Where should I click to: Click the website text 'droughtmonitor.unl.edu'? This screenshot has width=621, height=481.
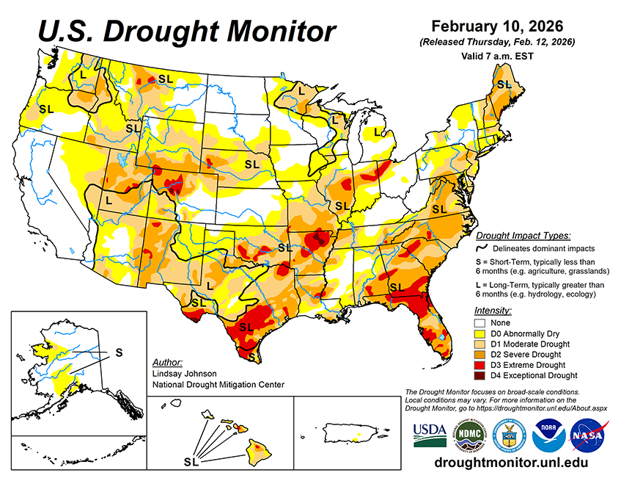511,463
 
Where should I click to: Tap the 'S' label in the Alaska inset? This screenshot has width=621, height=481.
119,352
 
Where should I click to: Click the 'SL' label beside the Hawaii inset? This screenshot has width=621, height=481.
191,462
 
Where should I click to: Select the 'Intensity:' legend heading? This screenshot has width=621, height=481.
493,311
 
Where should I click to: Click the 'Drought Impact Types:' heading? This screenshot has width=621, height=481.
523,236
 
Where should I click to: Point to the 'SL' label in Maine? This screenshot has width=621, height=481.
504,85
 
